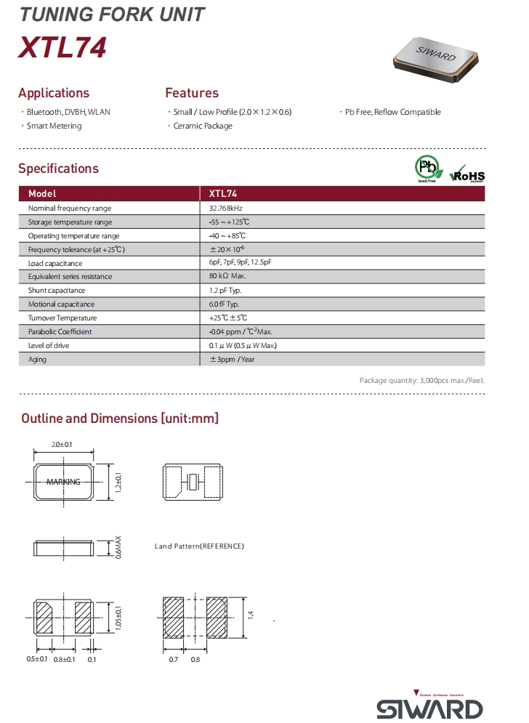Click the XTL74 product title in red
pos(63,47)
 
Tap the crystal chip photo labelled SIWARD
pos(435,58)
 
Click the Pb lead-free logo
pos(427,169)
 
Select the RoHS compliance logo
pos(467,173)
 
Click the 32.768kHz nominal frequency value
pos(226,208)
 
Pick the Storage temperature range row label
pos(70,222)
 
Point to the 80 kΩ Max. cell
pos(227,277)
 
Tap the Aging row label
pos(37,359)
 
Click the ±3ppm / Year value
pos(232,359)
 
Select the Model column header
pos(42,194)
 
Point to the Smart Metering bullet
pos(54,126)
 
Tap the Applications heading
pos(54,93)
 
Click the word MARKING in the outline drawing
pos(63,482)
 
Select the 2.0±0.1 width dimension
pos(64,444)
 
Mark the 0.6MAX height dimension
pos(118,547)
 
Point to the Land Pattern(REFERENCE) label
pos(199,546)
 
